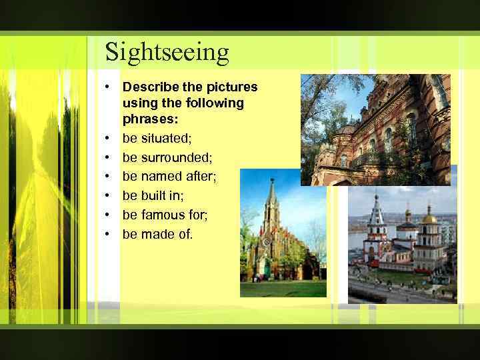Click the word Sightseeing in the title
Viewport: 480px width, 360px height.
[167, 52]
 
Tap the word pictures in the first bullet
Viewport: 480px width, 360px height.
[233, 87]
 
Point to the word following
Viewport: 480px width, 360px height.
[214, 103]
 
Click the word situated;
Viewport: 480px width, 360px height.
[167, 138]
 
